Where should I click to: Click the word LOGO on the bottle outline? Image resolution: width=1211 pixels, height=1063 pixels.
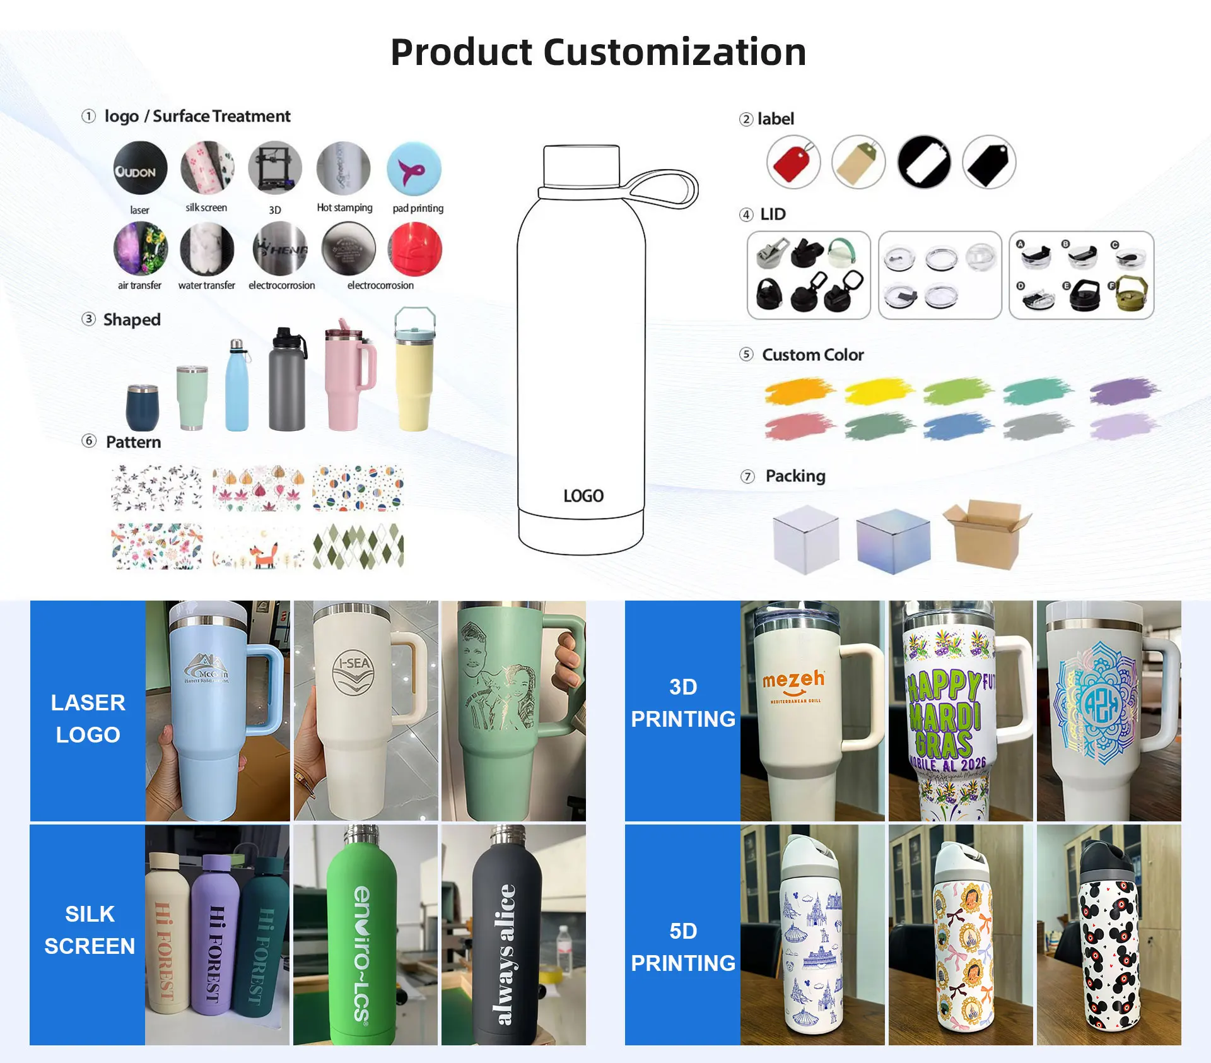click(x=583, y=496)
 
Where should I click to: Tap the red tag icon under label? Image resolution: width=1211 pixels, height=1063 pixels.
click(x=793, y=162)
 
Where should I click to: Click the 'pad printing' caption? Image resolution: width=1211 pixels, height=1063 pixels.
click(x=418, y=208)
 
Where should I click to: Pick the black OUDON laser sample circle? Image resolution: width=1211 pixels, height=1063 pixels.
click(x=140, y=168)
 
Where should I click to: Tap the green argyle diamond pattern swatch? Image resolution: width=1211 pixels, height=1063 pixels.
click(x=358, y=546)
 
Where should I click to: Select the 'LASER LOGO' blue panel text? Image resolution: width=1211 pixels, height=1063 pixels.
click(x=88, y=719)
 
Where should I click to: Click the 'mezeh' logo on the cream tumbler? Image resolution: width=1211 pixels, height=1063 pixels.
click(x=793, y=681)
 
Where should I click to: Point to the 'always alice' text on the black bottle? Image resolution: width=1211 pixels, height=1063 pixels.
click(x=506, y=953)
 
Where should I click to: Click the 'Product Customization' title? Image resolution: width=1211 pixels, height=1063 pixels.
click(x=598, y=52)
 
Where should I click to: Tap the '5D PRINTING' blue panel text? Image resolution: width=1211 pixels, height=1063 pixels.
click(x=683, y=947)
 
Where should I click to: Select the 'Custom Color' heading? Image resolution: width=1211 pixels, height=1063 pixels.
click(x=812, y=355)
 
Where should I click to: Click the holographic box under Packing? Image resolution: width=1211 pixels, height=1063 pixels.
click(x=893, y=540)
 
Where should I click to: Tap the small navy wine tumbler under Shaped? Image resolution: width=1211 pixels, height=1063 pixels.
click(x=143, y=408)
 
